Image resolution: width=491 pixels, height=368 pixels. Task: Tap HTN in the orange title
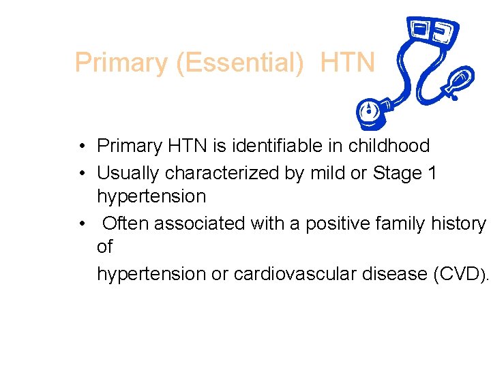pos(347,63)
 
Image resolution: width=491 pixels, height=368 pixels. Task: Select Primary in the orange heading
pos(122,63)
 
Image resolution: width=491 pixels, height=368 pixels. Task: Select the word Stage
pos(398,173)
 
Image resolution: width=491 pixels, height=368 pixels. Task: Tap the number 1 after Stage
pos(432,173)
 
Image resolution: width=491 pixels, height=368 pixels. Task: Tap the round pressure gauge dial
pos(369,112)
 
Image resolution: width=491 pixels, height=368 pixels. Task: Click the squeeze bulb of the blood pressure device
pos(456,82)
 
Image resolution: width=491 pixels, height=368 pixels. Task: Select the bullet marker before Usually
pos(81,174)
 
